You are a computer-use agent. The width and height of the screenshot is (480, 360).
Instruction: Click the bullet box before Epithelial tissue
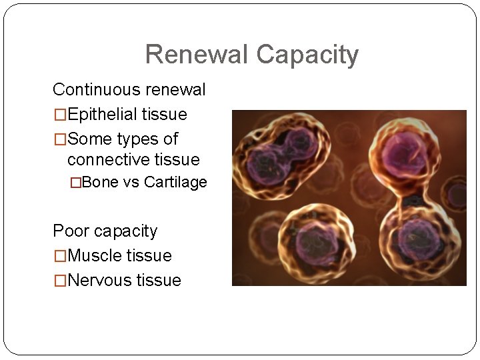[60, 115]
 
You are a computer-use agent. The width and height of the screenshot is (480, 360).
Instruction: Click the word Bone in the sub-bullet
[100, 183]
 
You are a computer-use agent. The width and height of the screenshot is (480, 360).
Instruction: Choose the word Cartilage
[175, 183]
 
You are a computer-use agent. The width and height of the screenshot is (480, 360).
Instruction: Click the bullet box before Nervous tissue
[60, 281]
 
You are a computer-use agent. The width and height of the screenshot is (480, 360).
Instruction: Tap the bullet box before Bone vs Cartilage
[77, 183]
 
